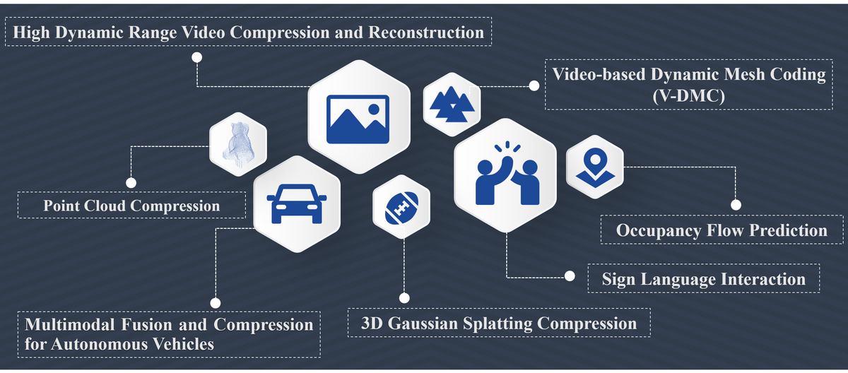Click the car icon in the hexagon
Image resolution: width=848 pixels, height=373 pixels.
(x=297, y=202)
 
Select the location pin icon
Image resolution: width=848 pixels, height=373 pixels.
(x=595, y=167)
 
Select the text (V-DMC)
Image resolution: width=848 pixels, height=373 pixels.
(x=688, y=96)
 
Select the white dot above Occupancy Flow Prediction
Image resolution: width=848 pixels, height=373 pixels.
(x=736, y=205)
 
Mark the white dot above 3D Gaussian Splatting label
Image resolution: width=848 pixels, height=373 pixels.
(x=404, y=298)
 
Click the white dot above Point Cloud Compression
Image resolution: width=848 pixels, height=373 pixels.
(x=131, y=182)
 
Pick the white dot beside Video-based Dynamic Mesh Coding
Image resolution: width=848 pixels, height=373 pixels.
(x=534, y=85)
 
